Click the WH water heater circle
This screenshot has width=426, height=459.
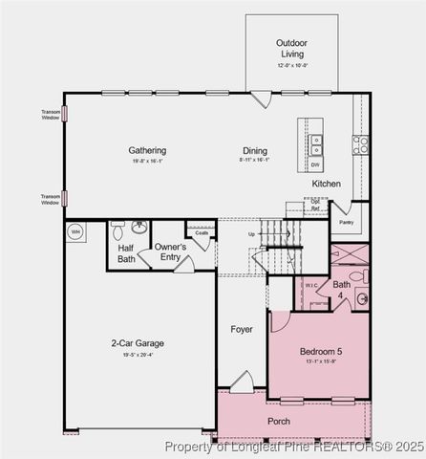coord(75,230)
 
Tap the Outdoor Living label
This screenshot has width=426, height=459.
coord(291,48)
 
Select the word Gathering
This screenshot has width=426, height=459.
coord(147,150)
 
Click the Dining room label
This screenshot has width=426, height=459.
coord(254,150)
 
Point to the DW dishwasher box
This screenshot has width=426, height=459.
coord(315,164)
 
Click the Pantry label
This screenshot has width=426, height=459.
coord(346,222)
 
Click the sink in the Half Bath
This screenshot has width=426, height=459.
coord(139,228)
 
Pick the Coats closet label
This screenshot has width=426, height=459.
coord(202,232)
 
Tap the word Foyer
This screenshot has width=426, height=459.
coord(242,329)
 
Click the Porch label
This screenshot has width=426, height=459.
coord(279,421)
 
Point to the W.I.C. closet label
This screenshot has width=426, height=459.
coord(311,284)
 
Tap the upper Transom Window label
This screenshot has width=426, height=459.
coord(51,114)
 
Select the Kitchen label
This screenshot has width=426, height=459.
coord(326,183)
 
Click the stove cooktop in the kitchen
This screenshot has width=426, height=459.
coord(360,144)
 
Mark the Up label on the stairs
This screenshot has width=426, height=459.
coord(251,234)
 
